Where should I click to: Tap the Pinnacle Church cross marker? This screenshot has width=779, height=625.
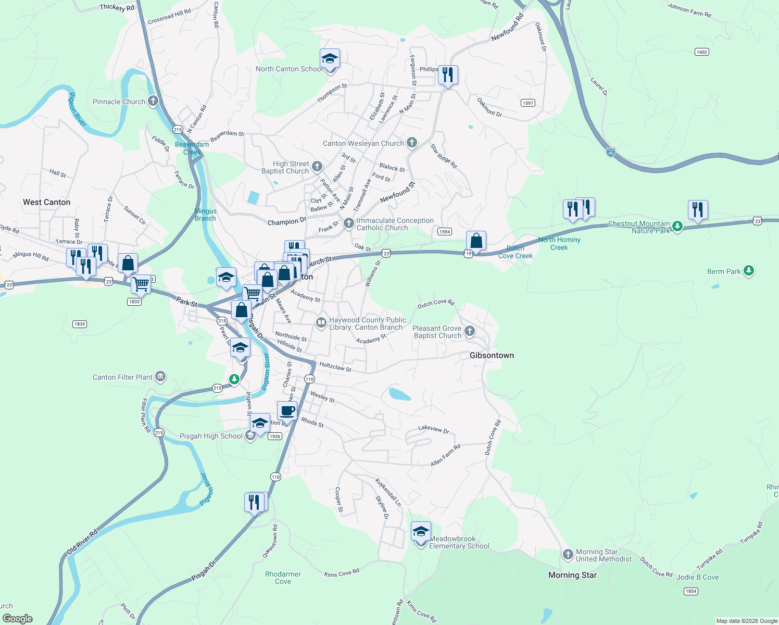tap(153, 101)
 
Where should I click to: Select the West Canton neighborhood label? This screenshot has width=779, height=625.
tap(46, 202)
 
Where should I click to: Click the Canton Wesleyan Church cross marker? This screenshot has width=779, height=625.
tap(412, 143)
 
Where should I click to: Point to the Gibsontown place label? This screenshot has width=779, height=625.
tap(492, 355)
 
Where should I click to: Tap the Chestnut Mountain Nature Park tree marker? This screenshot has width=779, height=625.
tap(677, 226)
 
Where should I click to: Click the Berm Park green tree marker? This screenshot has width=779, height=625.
tap(749, 271)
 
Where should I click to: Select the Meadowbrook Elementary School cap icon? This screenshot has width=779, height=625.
tap(421, 532)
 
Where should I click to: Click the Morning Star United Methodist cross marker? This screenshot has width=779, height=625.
tap(568, 555)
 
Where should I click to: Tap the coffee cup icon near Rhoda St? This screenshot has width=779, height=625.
tap(287, 411)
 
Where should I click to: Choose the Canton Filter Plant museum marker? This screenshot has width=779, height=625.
tap(160, 377)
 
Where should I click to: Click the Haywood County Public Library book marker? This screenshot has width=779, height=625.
tap(321, 323)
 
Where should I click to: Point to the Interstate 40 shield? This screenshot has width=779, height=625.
tap(611, 153)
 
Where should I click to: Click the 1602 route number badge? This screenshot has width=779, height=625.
tap(702, 52)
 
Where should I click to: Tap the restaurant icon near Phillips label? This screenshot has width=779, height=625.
tap(448, 75)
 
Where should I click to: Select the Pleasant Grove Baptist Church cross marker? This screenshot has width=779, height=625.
tap(470, 331)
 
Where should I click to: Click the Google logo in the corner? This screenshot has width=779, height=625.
tap(18, 618)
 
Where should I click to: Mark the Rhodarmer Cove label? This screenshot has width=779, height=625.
tap(283, 578)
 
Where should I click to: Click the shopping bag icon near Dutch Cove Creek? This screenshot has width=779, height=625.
tap(476, 241)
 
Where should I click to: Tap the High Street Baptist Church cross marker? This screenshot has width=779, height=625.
tap(317, 167)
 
